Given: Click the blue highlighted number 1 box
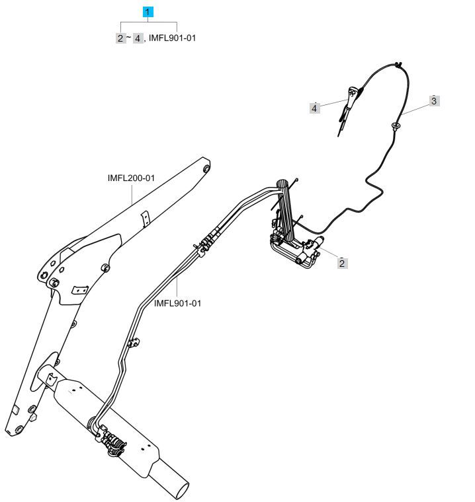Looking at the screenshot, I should coord(148,12).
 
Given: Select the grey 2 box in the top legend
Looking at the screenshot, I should coord(120,38).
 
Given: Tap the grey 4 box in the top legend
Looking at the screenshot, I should coord(138,38).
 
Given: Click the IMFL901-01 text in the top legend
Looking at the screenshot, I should coord(172,38).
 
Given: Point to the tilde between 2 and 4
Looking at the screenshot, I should coord(129,38).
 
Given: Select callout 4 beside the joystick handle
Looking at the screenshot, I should coord(314,108).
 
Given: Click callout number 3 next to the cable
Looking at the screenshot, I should coord(434,101).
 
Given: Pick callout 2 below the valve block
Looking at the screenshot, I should coord(342,263).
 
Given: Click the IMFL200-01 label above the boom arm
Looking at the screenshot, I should coord(131,178).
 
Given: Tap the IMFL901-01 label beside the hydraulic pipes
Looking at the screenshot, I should coord(177,303).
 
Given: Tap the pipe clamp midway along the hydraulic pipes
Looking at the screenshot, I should coord(134,341).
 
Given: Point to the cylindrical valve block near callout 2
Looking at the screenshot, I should coord(312,246).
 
